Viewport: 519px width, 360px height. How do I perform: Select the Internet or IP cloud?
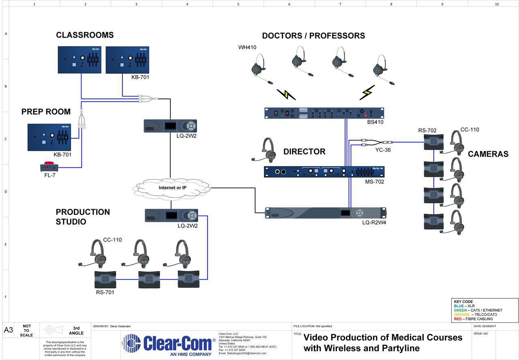click(172, 188)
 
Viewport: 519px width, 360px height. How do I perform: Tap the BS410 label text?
click(375, 122)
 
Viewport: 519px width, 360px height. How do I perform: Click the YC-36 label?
click(383, 150)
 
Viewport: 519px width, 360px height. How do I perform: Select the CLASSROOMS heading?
click(85, 35)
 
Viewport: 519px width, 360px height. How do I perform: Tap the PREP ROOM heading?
click(46, 112)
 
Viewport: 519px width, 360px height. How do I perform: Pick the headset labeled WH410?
click(260, 67)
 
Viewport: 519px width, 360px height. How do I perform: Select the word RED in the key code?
click(457, 319)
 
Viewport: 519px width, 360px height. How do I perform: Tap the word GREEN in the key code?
click(460, 311)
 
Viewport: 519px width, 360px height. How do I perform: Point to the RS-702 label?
click(427, 131)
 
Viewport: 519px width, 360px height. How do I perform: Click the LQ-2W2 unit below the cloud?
click(171, 215)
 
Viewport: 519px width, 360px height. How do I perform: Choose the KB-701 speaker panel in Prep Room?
click(49, 137)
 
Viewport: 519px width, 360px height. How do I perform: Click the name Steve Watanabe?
click(120, 326)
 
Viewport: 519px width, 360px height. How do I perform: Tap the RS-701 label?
click(105, 292)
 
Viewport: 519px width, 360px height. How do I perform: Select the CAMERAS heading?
click(488, 154)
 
